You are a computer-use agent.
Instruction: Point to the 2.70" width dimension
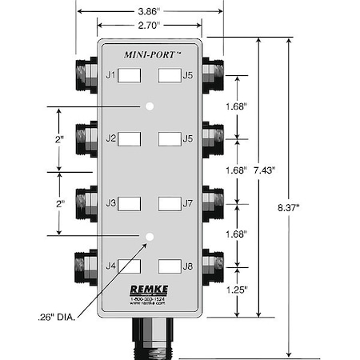150,24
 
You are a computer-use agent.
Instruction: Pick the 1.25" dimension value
235,288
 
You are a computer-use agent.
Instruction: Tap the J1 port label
111,76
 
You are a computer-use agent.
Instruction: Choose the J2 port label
111,139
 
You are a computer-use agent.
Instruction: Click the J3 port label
111,203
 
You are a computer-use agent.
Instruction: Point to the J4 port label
111,266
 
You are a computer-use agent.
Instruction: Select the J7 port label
187,203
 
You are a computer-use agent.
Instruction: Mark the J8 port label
187,266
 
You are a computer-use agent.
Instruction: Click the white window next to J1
130,76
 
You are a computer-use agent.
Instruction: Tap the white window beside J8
168,266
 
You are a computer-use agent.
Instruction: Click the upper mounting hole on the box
150,106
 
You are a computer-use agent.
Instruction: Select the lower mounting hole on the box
150,235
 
